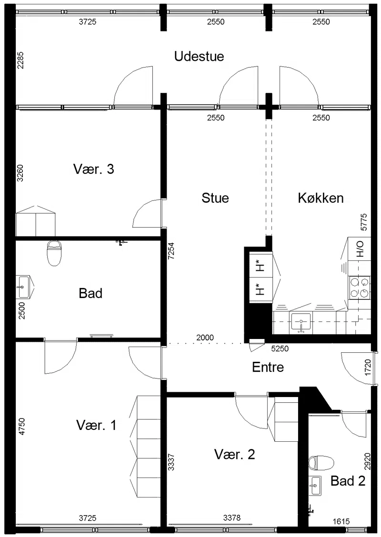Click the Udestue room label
[x=199, y=57]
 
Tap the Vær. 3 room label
[x=93, y=169]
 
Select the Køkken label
[x=321, y=198]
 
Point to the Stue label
[x=215, y=198]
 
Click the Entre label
[x=268, y=367]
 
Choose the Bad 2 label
[x=348, y=481]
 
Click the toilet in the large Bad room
[x=54, y=253]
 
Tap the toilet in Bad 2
[x=321, y=463]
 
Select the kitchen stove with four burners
[x=360, y=287]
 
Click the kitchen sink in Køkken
[x=301, y=323]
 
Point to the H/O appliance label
[x=360, y=249]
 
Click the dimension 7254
[x=171, y=251]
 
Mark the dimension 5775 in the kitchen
[x=363, y=222]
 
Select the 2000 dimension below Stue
[x=205, y=338]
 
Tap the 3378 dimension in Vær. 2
[x=232, y=518]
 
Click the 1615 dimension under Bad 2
[x=341, y=521]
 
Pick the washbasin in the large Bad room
[x=24, y=287]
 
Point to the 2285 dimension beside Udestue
[x=20, y=60]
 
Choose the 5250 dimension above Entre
[x=280, y=348]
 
